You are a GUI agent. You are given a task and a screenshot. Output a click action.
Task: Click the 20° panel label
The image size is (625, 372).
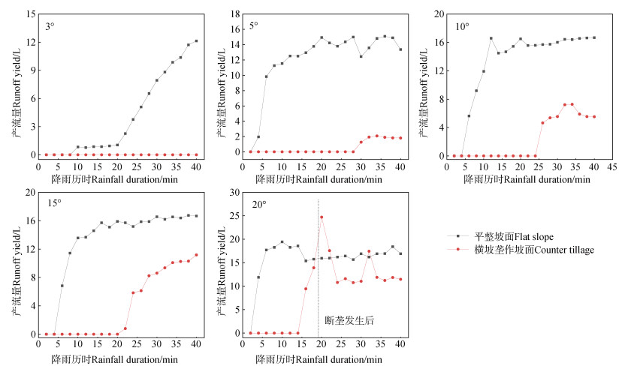pyautogui.click(x=257, y=203)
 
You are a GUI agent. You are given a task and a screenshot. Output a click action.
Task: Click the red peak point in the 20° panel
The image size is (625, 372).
pyautogui.click(x=322, y=217)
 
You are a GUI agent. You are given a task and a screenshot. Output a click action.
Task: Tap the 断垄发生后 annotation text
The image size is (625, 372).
pyautogui.click(x=349, y=321)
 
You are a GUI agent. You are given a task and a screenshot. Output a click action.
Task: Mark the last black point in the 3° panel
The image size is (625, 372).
pyautogui.click(x=196, y=41)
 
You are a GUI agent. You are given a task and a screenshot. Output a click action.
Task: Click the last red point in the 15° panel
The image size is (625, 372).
pyautogui.click(x=196, y=255)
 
